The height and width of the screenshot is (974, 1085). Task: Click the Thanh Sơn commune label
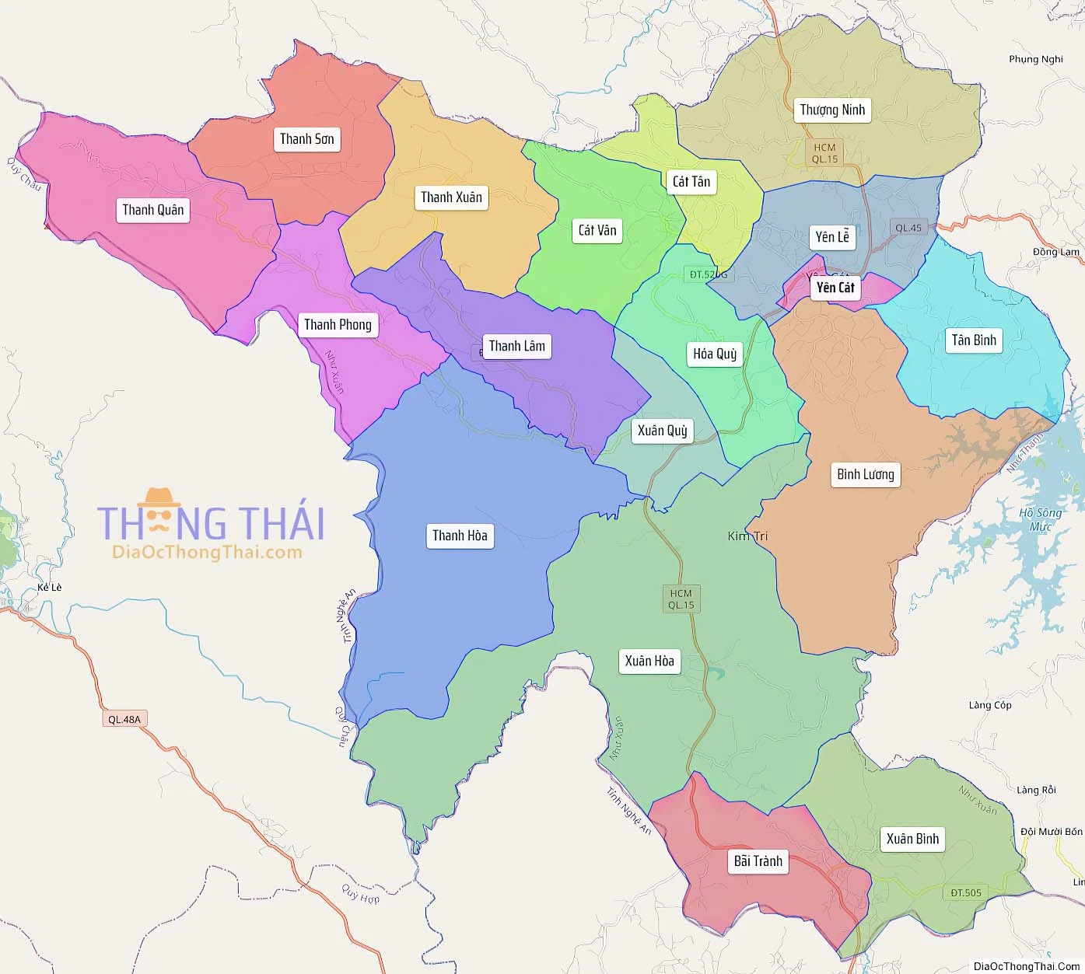[x=307, y=139]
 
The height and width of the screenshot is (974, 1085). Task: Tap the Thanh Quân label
[x=153, y=210]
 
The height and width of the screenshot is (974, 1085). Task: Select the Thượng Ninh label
[x=832, y=110]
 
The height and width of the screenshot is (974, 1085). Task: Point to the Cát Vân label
[x=597, y=230]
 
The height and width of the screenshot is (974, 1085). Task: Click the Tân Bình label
[x=974, y=340]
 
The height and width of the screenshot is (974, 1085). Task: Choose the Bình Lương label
[x=866, y=474]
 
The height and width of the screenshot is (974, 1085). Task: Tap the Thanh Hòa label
[x=460, y=536]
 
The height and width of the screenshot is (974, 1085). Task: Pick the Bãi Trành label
[x=758, y=861]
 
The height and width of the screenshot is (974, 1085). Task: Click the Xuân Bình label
[x=913, y=839]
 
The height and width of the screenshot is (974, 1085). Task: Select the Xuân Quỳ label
[x=663, y=431]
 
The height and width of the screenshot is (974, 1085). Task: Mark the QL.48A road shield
[x=124, y=719]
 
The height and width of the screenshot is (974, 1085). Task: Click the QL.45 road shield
[x=908, y=228]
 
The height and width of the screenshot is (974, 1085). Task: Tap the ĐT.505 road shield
[x=966, y=892]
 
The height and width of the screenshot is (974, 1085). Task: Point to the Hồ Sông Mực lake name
[x=1041, y=519]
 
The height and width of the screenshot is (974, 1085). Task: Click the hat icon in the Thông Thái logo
[x=159, y=497]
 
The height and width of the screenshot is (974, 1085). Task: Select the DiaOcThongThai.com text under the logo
[x=207, y=553]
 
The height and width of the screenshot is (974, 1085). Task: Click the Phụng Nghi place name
[x=1035, y=59]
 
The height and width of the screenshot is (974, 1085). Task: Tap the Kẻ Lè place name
[x=49, y=587]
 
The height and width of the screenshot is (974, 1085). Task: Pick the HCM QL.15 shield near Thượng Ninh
[x=824, y=153]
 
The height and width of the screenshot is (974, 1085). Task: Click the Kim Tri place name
[x=747, y=536]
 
